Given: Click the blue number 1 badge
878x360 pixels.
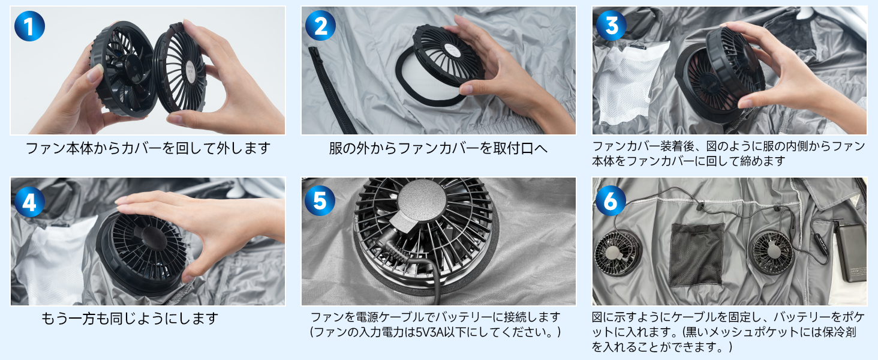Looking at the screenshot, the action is [29, 26].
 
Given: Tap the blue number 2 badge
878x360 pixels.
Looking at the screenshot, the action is [320, 26].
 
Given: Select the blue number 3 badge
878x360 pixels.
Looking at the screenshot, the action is [611, 26].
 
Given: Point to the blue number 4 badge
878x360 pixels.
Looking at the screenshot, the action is [29, 202].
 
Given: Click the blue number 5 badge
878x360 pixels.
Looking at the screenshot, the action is [320, 200].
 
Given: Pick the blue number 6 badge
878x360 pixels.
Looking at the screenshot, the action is [611, 200].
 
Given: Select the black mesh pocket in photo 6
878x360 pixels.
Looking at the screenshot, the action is [696, 254].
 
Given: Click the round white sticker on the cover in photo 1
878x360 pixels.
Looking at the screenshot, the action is [191, 72].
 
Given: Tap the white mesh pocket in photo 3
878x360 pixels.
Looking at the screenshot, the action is [627, 85].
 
